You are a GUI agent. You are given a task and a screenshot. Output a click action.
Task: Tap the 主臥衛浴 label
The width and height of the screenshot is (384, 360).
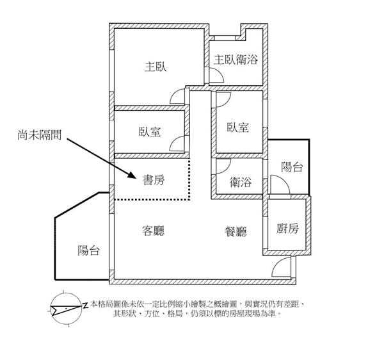(236, 60)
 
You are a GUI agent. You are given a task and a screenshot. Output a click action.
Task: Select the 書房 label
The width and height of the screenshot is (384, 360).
(153, 180)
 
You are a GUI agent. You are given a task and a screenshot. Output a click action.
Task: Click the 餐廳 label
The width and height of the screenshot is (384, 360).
(236, 231)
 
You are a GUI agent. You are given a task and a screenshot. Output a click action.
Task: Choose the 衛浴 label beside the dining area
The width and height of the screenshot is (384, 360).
(241, 183)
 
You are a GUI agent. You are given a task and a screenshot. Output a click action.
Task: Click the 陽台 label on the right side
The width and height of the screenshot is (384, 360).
(292, 167)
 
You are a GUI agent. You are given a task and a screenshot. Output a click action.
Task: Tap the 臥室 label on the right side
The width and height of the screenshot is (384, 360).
(238, 127)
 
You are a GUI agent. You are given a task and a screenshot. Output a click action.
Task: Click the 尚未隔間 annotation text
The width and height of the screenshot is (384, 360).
(40, 136)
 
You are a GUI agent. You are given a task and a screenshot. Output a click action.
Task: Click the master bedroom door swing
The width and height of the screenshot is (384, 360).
(177, 96)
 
